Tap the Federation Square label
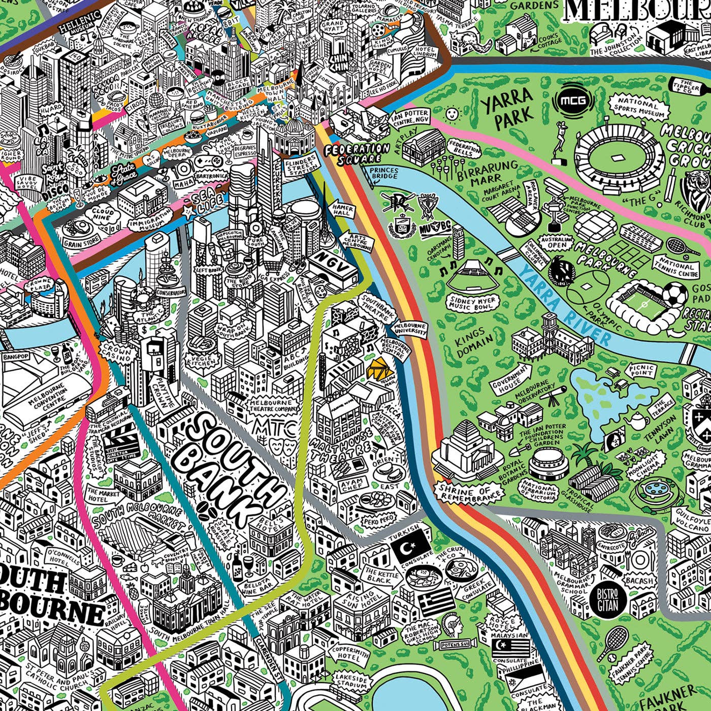click(357, 153)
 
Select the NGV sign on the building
click(333, 259)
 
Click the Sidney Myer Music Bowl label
click(470, 304)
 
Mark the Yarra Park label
click(507, 108)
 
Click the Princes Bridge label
click(383, 174)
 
